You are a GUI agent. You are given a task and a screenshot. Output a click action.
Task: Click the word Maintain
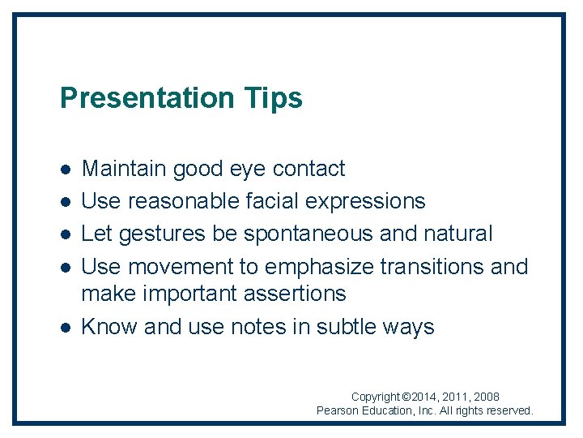coord(124,169)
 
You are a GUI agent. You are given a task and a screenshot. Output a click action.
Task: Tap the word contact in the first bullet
coord(309,169)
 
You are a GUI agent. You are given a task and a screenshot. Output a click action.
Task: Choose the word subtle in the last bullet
coord(348,327)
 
